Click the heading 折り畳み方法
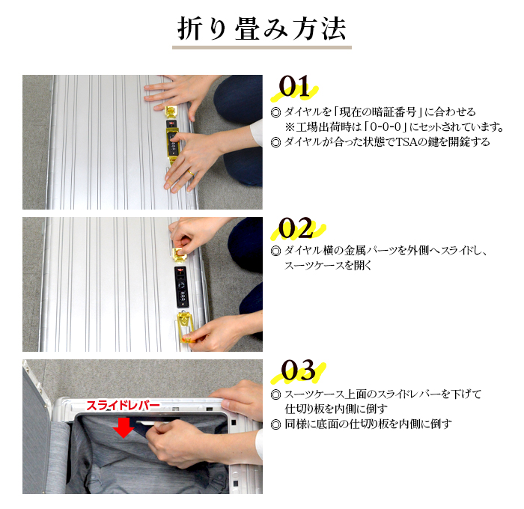point(262,29)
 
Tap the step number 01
point(294,87)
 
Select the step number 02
point(296,228)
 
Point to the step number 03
point(298,371)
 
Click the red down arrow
point(124,428)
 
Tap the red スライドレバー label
point(124,406)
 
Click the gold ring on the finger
point(190,173)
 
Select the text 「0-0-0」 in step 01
point(386,127)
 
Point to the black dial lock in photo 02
point(181,287)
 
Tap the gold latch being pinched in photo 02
point(180,254)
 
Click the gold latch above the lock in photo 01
point(172,112)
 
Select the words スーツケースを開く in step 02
point(328,266)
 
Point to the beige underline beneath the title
point(262,47)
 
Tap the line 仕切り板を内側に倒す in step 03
point(336,409)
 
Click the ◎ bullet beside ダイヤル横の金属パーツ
point(275,251)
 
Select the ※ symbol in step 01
point(290,127)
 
